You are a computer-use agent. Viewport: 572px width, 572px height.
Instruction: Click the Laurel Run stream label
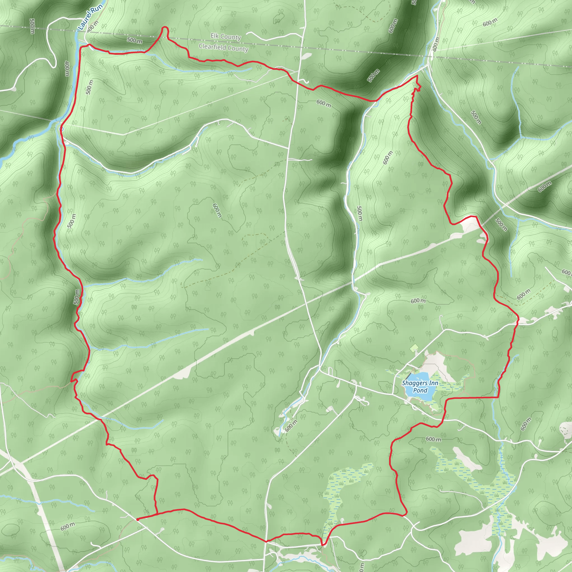pyautogui.click(x=90, y=16)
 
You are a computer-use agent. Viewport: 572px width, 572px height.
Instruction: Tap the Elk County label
pyautogui.click(x=226, y=37)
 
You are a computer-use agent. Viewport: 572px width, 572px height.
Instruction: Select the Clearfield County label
pyautogui.click(x=223, y=47)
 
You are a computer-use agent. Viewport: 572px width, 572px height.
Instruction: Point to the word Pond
pyautogui.click(x=420, y=390)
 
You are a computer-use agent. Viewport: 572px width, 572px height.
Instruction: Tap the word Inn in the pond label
pyautogui.click(x=433, y=383)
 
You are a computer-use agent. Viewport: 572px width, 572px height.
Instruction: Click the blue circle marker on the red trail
pyautogui.click(x=61, y=129)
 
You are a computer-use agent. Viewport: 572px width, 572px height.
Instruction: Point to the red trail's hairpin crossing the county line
pyautogui.click(x=164, y=28)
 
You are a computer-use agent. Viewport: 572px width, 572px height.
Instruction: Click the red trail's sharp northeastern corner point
pyautogui.click(x=417, y=76)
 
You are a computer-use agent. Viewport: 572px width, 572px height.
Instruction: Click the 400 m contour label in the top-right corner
pyautogui.click(x=435, y=44)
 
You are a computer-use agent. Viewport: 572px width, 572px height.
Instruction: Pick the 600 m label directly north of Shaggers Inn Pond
pyautogui.click(x=418, y=301)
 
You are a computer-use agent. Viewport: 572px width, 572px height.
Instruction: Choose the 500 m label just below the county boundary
pyautogui.click(x=135, y=40)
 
